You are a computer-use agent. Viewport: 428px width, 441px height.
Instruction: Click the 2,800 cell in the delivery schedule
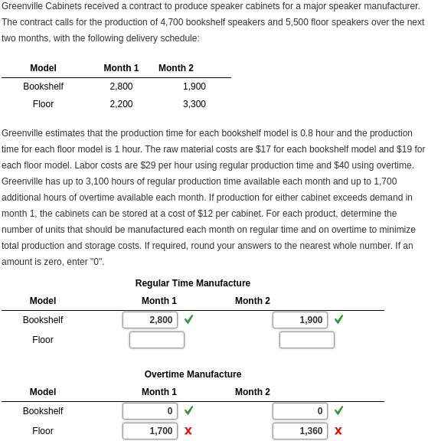point(121,87)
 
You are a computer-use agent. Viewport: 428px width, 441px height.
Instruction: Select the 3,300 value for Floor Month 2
point(194,104)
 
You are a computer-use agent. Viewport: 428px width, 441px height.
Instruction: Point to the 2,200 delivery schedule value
point(121,104)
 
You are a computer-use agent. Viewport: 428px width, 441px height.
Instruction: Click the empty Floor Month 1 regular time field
point(157,340)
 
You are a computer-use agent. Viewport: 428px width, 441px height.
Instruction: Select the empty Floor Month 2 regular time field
point(306,340)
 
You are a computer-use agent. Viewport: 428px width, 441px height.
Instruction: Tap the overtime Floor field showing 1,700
point(150,431)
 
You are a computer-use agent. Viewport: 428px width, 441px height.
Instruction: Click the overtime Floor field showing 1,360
point(300,431)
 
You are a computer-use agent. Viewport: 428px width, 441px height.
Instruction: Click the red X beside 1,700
point(188,431)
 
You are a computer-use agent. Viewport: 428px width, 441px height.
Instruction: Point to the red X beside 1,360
point(338,431)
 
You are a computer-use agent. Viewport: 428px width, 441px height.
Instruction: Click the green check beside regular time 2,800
point(188,319)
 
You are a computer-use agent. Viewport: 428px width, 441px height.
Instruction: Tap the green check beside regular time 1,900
point(338,319)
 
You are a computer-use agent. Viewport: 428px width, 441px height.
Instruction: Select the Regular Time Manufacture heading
point(193,283)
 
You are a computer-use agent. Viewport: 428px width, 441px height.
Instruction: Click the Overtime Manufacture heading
point(193,374)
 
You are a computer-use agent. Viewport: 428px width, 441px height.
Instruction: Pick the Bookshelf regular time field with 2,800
point(150,320)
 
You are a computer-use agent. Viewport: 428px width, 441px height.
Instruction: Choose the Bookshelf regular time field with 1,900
point(300,320)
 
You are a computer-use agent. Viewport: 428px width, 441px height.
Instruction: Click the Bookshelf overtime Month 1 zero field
point(150,411)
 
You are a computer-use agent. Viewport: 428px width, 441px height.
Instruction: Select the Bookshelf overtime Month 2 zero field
point(300,411)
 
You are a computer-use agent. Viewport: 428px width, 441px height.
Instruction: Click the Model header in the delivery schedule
point(43,68)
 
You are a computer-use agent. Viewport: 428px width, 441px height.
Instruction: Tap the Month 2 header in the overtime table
point(253,392)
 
